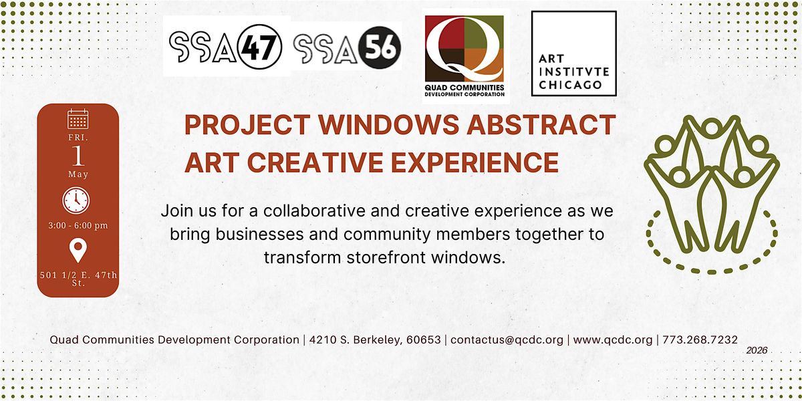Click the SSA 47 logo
click(x=226, y=46)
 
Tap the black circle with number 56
click(x=379, y=47)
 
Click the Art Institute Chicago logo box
click(x=573, y=53)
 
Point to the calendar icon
click(x=78, y=119)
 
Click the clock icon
click(x=76, y=200)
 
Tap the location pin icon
click(x=78, y=250)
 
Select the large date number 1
click(x=78, y=156)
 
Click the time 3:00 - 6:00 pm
click(x=78, y=226)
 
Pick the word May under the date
click(x=78, y=174)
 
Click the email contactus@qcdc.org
click(x=507, y=340)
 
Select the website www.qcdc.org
click(x=613, y=340)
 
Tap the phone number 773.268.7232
click(x=700, y=340)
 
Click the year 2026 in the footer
click(x=757, y=350)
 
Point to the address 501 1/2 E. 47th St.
click(x=78, y=279)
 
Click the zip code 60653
click(x=424, y=340)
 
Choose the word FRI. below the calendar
click(x=78, y=138)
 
